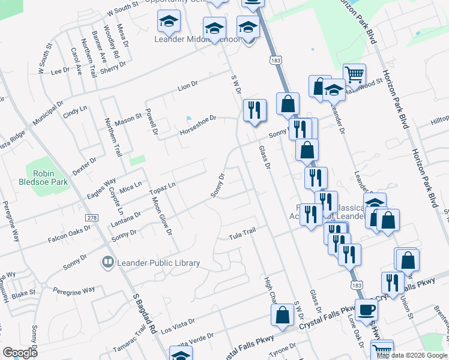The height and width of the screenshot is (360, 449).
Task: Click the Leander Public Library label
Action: [x=158, y=263]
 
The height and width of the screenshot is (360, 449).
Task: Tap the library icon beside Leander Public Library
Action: [x=108, y=262]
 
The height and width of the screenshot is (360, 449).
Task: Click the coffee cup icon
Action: [x=367, y=310]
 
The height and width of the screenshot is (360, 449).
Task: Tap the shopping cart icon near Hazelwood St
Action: [x=355, y=74]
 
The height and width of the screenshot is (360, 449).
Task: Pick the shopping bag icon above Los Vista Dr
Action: [x=282, y=314]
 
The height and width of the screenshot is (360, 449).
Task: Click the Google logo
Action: [x=20, y=353]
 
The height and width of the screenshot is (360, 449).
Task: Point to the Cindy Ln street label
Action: [x=75, y=112]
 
